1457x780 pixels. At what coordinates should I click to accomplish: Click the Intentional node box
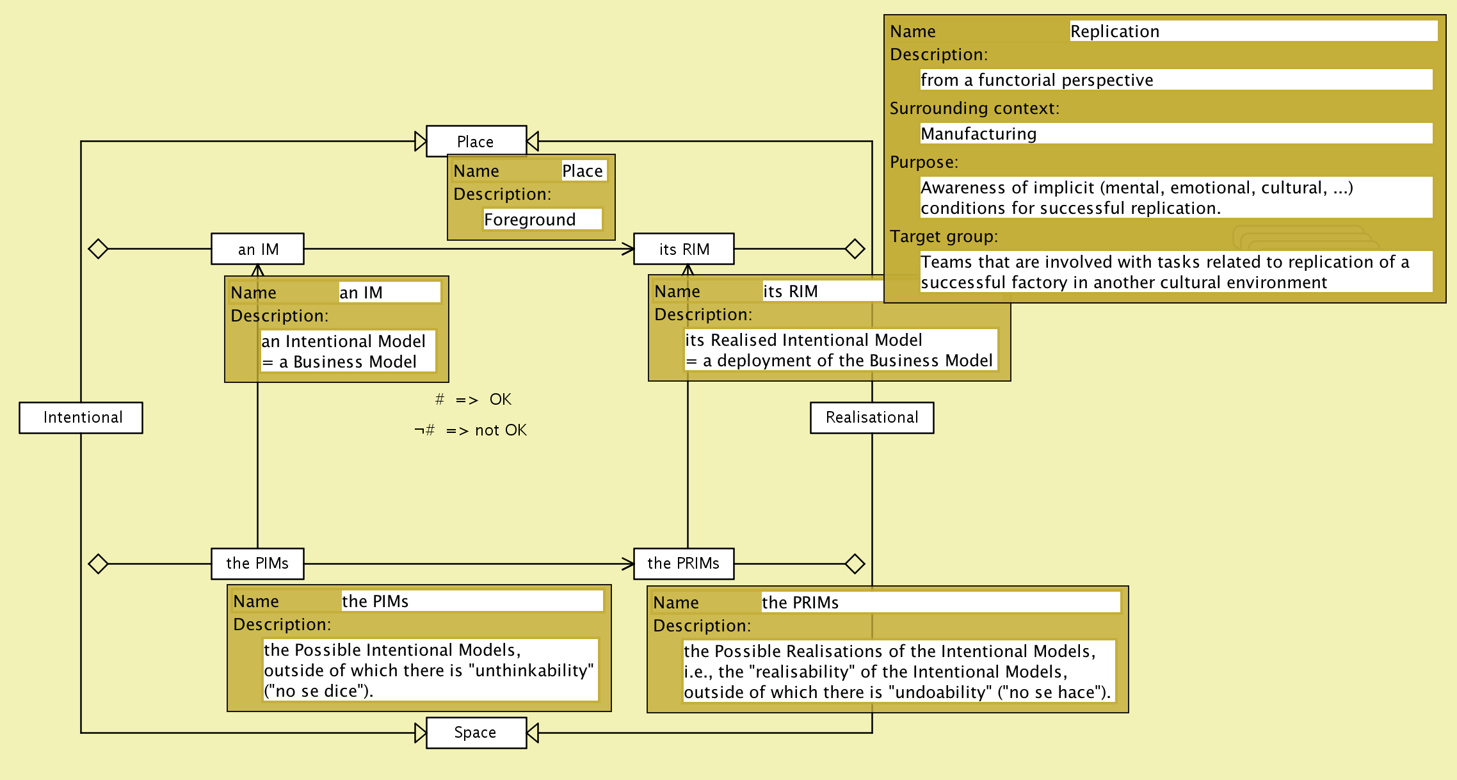point(81,418)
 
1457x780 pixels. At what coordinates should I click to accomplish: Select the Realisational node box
point(871,418)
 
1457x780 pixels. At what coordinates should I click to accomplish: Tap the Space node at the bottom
point(476,733)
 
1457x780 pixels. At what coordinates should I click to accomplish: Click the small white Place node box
point(476,141)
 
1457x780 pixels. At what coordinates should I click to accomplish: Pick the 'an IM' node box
point(257,249)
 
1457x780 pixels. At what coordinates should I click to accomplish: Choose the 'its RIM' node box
point(684,249)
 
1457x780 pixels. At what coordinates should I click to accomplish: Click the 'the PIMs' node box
point(257,564)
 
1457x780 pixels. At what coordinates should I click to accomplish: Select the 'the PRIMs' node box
point(684,564)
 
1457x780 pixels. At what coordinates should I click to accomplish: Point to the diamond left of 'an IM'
point(98,248)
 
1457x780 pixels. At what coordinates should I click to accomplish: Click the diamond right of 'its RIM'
point(855,248)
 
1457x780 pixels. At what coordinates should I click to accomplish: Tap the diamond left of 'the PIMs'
point(98,564)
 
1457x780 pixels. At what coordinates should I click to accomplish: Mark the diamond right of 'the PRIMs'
point(855,564)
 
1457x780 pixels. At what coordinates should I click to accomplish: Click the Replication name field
point(1252,31)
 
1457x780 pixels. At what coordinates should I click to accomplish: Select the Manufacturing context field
point(1175,134)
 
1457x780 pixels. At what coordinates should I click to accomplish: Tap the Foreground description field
point(542,220)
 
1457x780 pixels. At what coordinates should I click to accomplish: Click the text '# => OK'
point(473,400)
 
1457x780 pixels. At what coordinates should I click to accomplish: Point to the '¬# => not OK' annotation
point(471,430)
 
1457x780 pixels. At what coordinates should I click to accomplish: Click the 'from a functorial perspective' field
point(1175,80)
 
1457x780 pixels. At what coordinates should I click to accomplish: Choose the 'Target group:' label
point(943,236)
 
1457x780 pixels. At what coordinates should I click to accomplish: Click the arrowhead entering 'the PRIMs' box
point(628,564)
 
